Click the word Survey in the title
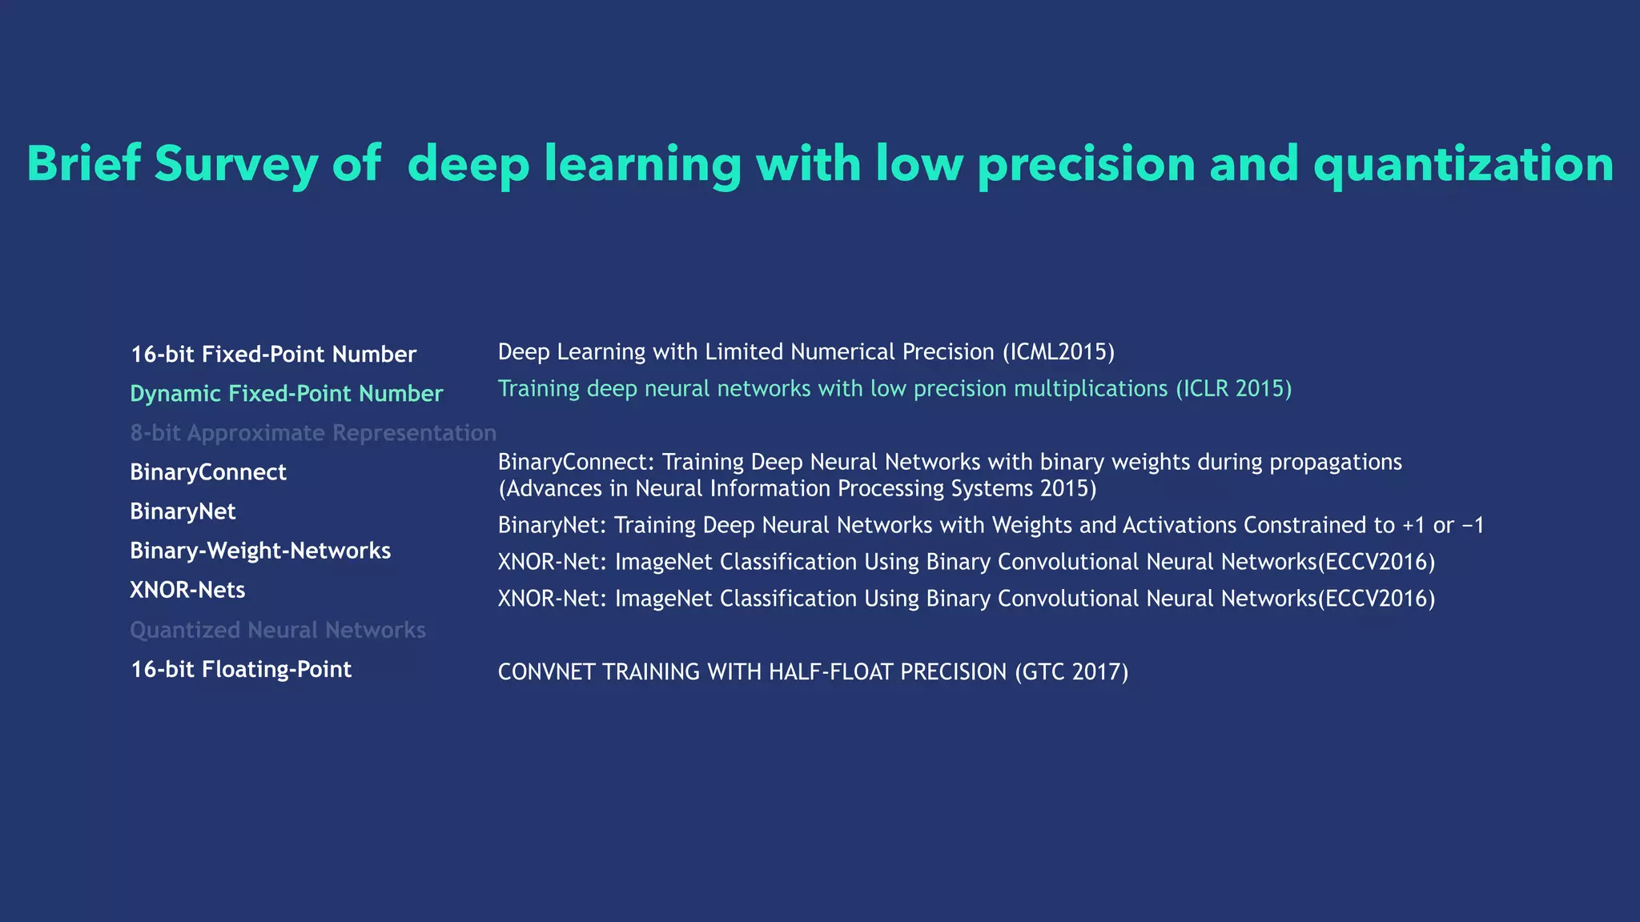pos(235,164)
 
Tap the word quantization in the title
pos(1463,164)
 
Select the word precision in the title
pos(1086,164)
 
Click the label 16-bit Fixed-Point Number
pos(273,355)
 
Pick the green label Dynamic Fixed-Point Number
pos(286,394)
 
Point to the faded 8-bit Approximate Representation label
pos(313,433)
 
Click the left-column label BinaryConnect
pos(208,472)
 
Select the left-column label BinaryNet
pos(183,511)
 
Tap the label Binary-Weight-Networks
pos(260,551)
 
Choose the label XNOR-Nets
pos(187,590)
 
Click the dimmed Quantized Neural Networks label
pos(278,630)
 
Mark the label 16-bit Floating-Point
pos(241,669)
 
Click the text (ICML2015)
pos(1058,352)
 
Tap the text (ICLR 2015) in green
pos(1233,389)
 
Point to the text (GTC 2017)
pos(1071,671)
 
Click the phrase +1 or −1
pos(1443,525)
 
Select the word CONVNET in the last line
pos(546,671)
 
